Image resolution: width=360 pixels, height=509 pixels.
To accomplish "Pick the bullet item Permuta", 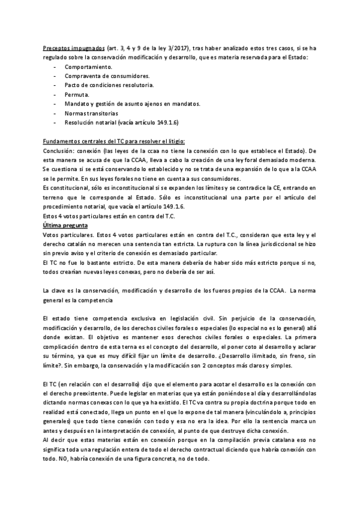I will click(x=77, y=94).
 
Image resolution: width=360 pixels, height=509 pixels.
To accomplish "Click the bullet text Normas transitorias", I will click(x=91, y=113).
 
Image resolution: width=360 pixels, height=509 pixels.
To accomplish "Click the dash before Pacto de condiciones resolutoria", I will click(x=55, y=85).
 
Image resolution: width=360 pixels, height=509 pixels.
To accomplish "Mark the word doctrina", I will click(x=251, y=401).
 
